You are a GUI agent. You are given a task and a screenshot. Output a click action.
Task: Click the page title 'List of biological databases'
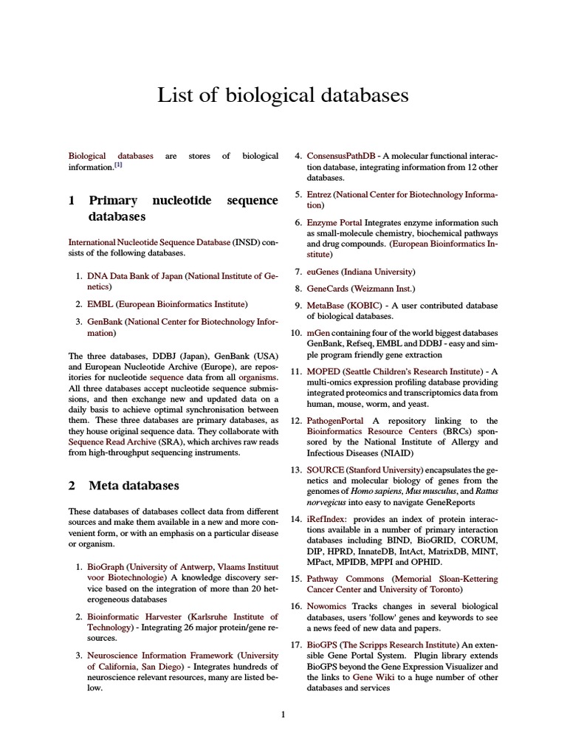(283, 95)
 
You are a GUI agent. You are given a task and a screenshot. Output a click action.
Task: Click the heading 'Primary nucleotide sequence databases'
(173, 208)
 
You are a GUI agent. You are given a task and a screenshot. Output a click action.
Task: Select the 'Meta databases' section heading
(134, 485)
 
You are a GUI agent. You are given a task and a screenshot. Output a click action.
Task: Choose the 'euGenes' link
(322, 272)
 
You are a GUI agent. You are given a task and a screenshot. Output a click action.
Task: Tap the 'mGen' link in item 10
(318, 333)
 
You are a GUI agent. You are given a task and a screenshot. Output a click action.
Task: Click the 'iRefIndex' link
(326, 520)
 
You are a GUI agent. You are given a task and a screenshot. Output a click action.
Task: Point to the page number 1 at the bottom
(283, 714)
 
